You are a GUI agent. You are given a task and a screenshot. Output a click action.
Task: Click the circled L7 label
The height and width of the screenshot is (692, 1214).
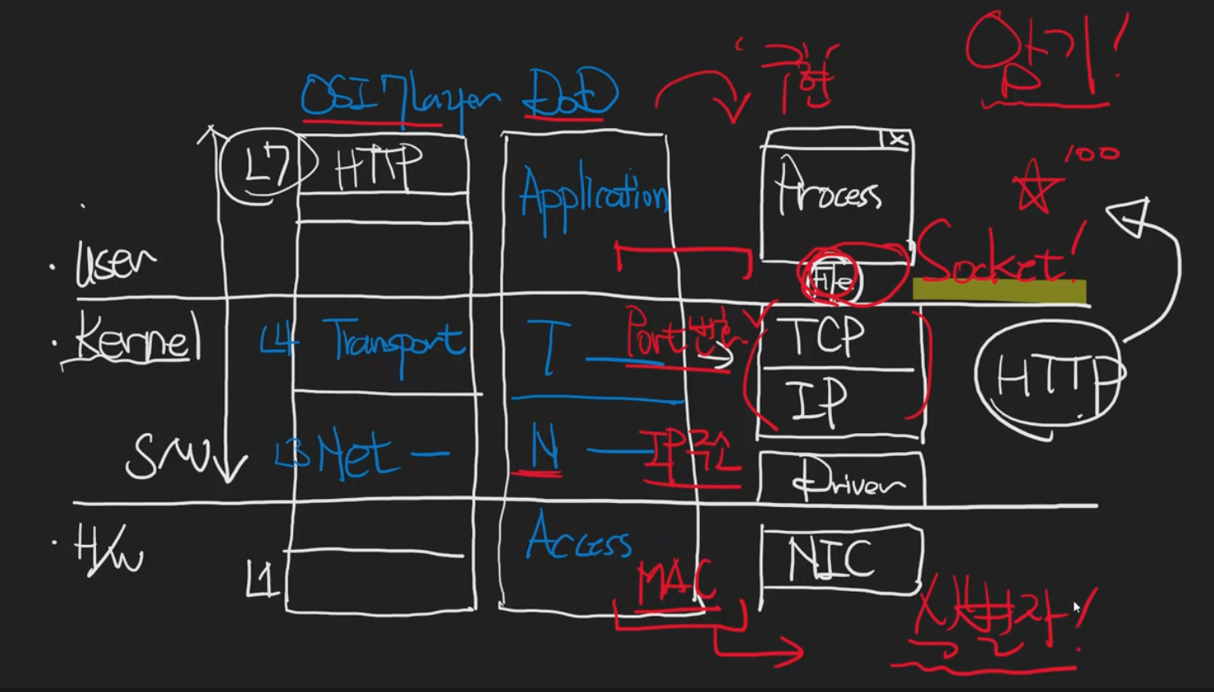point(267,167)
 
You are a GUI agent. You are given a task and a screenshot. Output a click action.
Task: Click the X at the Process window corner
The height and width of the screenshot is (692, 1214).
point(898,141)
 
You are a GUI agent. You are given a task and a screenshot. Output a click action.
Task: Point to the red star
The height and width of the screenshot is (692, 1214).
point(1034,187)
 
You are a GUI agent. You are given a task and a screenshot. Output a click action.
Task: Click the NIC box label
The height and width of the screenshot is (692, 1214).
point(830,560)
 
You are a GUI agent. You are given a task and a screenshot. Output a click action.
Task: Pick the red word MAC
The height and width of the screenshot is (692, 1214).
point(676,581)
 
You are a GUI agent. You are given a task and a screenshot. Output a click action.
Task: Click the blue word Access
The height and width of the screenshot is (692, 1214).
point(578,539)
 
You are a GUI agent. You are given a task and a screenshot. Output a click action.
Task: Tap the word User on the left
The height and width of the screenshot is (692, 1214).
point(114,264)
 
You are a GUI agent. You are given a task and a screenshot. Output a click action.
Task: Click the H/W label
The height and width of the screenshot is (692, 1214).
point(108,551)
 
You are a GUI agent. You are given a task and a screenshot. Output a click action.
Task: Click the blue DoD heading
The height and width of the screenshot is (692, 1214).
point(571,93)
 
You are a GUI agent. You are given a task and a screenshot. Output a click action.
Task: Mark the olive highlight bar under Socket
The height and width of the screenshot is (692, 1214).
point(999,291)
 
